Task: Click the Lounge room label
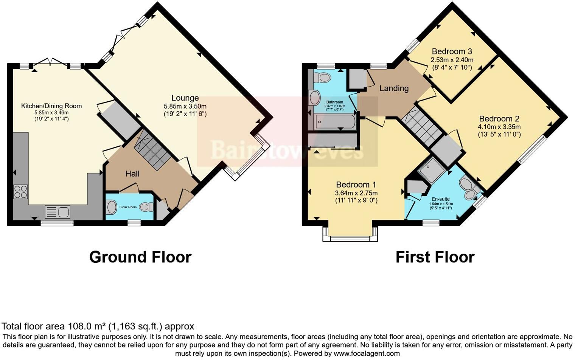click(x=185, y=98)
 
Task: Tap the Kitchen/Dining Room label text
click(x=51, y=106)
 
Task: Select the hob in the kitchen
click(x=20, y=191)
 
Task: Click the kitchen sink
click(x=57, y=212)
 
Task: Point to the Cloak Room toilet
click(x=146, y=207)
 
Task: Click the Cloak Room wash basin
click(x=112, y=207)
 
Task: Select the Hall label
click(x=132, y=174)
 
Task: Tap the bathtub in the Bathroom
click(x=335, y=122)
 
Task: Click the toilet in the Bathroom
click(x=323, y=78)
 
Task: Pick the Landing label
click(x=394, y=88)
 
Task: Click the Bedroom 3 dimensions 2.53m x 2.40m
click(x=452, y=60)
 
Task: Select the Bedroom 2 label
click(x=499, y=119)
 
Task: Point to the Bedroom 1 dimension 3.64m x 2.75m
click(x=356, y=193)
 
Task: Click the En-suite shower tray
click(x=431, y=171)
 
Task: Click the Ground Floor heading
click(x=140, y=257)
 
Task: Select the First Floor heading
click(x=435, y=257)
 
